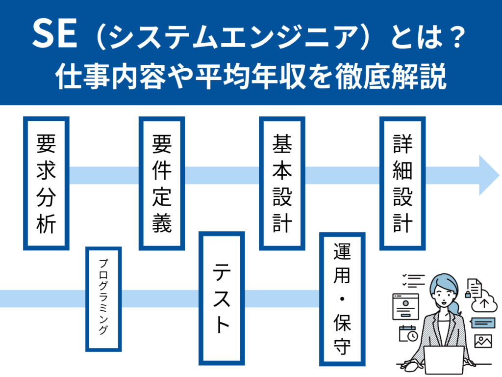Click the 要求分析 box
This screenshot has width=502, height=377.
coord(46,183)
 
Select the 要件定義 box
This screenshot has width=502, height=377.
coord(162,183)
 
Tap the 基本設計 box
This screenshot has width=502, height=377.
coord(282,183)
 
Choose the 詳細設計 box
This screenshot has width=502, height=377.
coord(402,183)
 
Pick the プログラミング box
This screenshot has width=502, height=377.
coord(103,299)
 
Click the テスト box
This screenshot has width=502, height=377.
coord(222,298)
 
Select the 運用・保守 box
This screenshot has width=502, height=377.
coord(342,299)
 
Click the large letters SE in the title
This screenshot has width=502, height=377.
coord(55,34)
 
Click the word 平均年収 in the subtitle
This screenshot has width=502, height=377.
coord(251,76)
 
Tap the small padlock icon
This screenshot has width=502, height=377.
coord(468,294)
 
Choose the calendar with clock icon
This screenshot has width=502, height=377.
coord(408,334)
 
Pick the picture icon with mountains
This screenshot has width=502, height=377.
coord(483,341)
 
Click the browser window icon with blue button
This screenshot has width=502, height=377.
coord(405,306)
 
